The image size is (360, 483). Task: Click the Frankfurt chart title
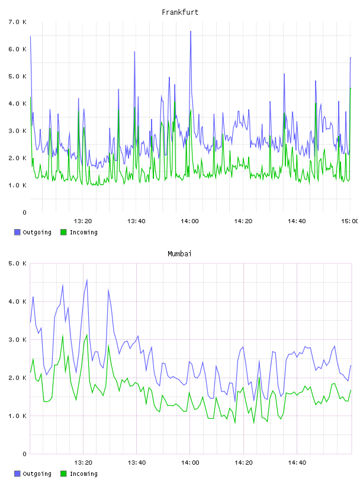180,12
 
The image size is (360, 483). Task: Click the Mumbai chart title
179,254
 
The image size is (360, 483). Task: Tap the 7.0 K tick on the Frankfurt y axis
18,22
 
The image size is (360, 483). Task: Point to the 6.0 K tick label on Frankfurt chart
18,49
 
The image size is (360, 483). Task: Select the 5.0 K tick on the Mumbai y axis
18,263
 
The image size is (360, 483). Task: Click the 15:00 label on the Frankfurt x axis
350,221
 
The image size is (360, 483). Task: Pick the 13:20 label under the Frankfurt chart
83,221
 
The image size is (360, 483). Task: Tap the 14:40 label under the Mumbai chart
297,463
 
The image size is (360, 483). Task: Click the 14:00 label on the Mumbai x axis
190,463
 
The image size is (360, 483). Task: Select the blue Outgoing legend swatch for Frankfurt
17,232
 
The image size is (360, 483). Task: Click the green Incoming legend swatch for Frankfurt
63,232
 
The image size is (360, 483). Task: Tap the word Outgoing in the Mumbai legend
37,474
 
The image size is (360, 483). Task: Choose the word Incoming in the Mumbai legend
83,474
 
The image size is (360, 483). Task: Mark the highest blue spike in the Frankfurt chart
191,31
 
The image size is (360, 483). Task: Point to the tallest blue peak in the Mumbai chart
87,280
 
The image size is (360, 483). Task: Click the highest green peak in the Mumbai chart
87,334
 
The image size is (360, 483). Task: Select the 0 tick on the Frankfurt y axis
25,212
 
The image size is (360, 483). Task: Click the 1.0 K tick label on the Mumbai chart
18,416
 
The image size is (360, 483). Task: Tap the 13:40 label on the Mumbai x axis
137,463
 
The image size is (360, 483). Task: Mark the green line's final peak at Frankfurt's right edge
351,88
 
